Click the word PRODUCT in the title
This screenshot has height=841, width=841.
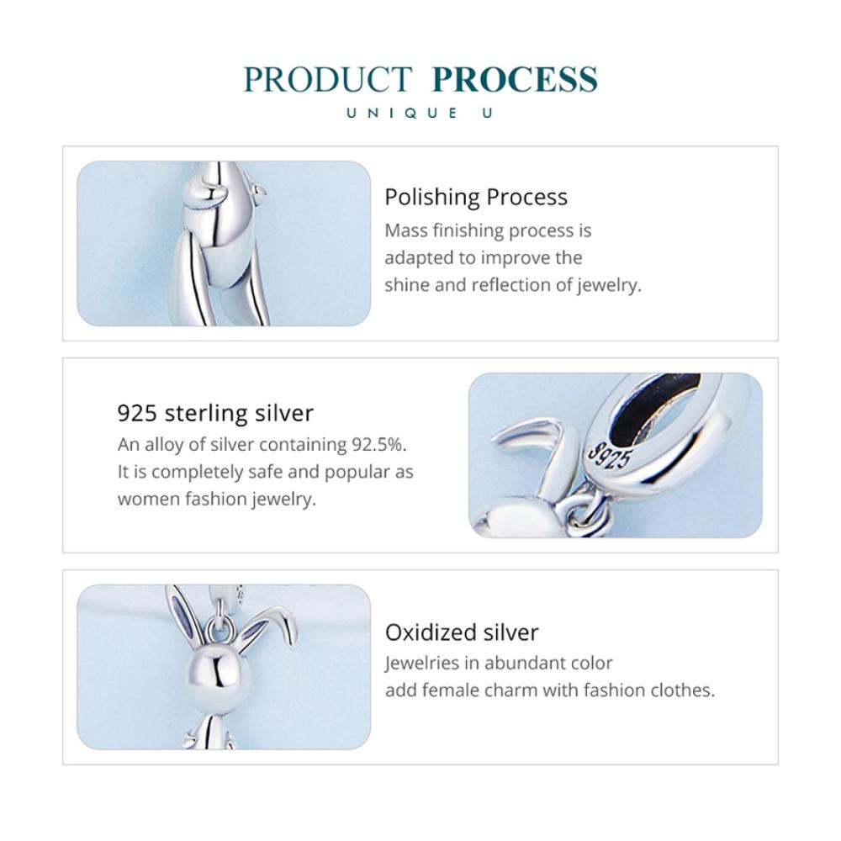[328, 79]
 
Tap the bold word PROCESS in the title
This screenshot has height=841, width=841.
[515, 79]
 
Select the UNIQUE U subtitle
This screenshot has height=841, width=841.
[420, 114]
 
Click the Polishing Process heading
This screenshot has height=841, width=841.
[476, 198]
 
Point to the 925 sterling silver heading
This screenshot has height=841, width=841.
[215, 414]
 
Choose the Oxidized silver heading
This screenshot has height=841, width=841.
[461, 632]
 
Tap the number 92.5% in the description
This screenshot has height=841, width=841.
[378, 444]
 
